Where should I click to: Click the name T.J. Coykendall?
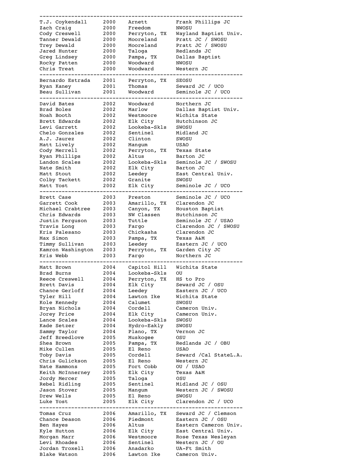click(x=63, y=22)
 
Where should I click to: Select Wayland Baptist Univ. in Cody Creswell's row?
click(x=209, y=34)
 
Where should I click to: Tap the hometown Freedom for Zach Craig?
click(x=139, y=28)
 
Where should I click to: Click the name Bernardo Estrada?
click(x=65, y=80)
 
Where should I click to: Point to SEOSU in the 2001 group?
click(x=184, y=80)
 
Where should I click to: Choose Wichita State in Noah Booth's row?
click(x=197, y=115)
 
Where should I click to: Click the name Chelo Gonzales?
click(x=62, y=133)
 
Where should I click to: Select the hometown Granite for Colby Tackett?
click(x=139, y=180)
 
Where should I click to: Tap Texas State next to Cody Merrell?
click(x=193, y=150)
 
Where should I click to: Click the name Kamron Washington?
click(x=66, y=250)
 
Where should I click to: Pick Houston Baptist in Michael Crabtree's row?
click(x=200, y=209)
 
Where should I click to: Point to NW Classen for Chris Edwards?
click(x=144, y=215)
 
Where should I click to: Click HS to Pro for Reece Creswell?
click(x=190, y=279)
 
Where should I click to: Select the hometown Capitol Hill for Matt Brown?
click(x=147, y=267)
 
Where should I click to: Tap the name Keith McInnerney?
click(x=65, y=373)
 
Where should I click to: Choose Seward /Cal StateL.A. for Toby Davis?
click(x=209, y=355)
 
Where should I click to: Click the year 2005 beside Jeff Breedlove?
click(x=109, y=338)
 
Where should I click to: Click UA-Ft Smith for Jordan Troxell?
click(x=193, y=449)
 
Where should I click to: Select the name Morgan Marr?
click(x=57, y=437)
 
